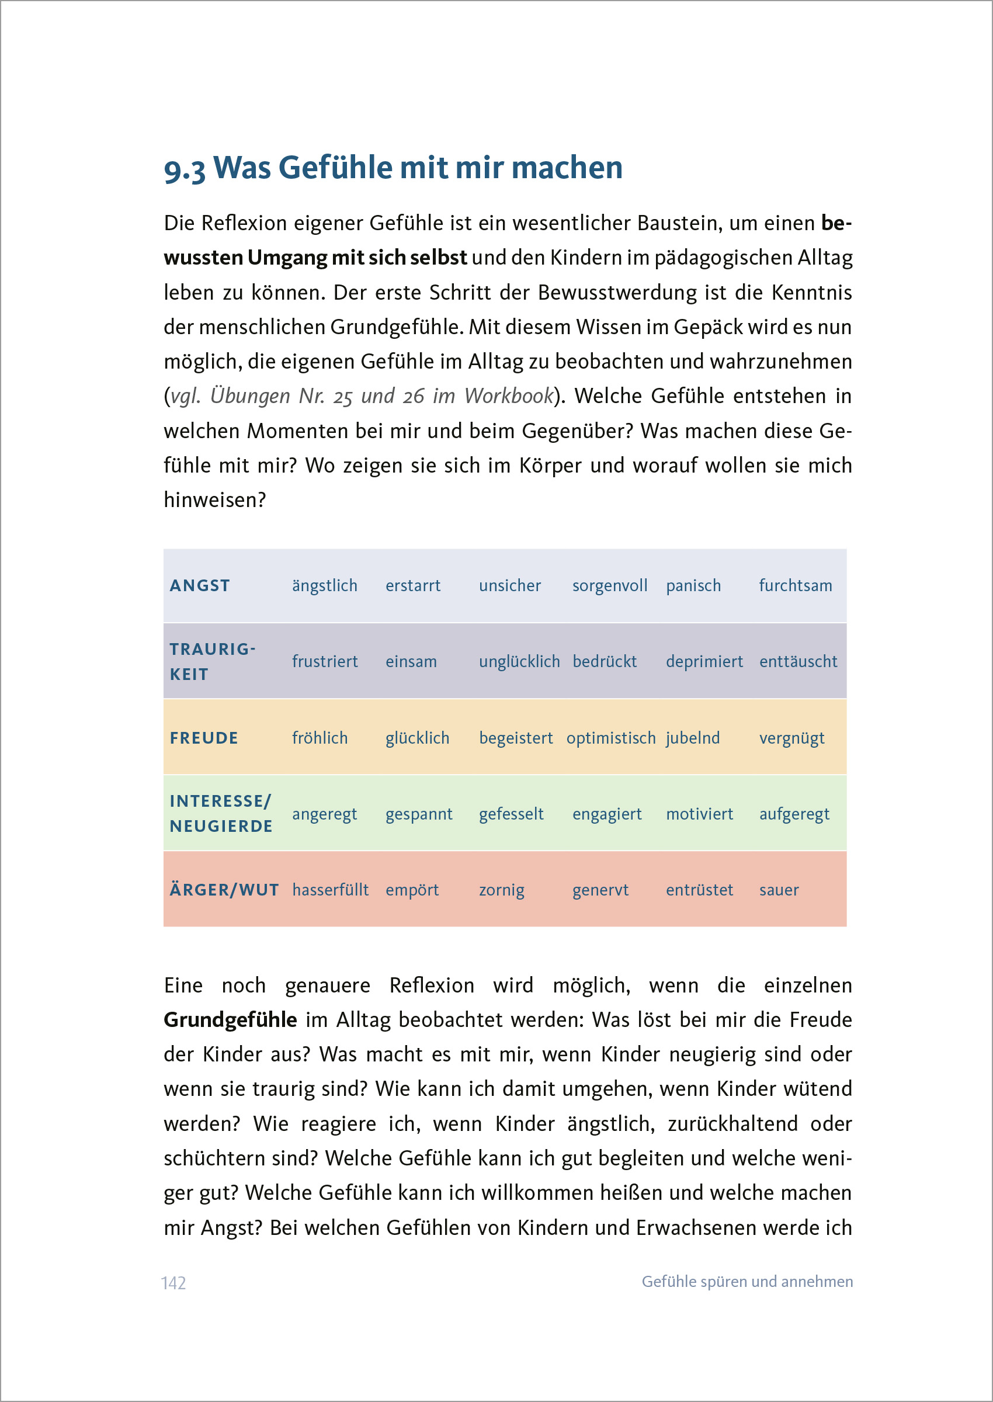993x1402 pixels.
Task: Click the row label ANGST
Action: [x=200, y=585]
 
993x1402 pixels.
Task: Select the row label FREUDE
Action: [x=204, y=737]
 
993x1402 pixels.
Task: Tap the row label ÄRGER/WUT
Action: [x=224, y=890]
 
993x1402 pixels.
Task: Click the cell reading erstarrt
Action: [x=413, y=585]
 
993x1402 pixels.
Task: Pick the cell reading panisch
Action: [x=693, y=585]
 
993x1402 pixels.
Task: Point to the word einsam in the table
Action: [x=411, y=661]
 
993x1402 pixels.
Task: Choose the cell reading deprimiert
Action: [x=704, y=661]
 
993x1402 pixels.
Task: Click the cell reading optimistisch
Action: [x=610, y=737]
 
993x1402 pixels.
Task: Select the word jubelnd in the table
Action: [x=692, y=737]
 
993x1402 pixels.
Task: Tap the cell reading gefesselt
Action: [x=511, y=814]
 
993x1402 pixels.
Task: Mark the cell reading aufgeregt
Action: [x=794, y=814]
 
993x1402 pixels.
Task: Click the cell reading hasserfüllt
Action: [x=330, y=890]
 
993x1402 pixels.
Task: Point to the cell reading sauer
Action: [x=779, y=890]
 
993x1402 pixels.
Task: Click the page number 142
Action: [x=173, y=1282]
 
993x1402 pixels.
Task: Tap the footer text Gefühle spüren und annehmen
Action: [x=747, y=1281]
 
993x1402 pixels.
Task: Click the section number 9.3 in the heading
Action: [x=184, y=169]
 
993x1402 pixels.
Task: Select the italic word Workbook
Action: [x=509, y=396]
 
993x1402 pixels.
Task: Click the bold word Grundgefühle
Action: [x=230, y=1020]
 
